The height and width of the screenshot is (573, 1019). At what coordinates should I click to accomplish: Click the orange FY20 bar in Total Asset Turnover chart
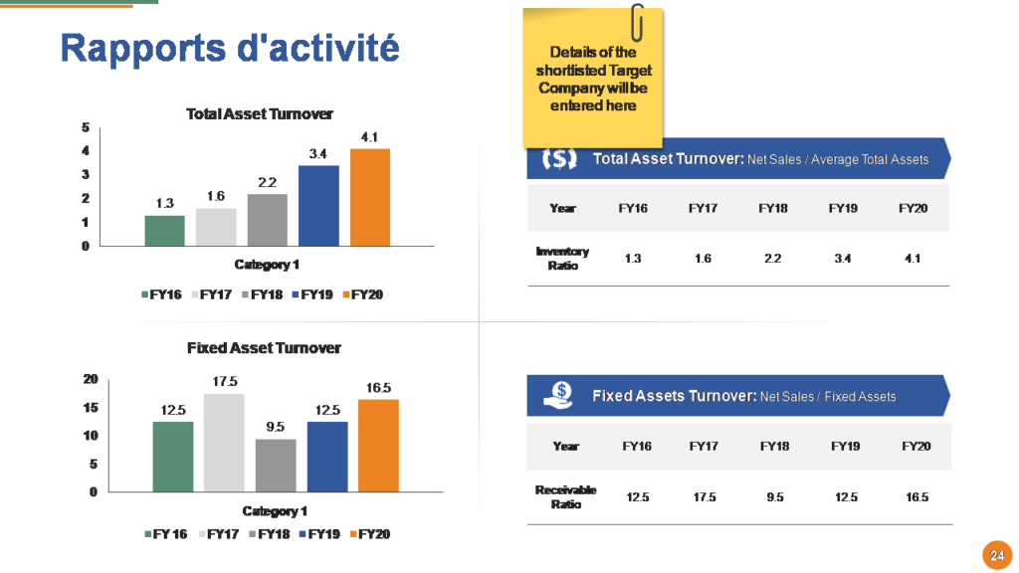click(369, 197)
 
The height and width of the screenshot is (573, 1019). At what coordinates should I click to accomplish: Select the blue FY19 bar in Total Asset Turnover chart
click(318, 205)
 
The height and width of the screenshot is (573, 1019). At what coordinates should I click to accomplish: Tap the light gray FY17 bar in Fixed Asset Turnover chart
click(224, 442)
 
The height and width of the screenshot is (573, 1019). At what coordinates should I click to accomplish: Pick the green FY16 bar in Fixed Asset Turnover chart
click(173, 456)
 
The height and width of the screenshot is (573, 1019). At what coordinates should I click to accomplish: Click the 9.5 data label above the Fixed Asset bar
click(275, 427)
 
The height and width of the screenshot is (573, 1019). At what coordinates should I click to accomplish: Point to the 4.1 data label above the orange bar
click(369, 136)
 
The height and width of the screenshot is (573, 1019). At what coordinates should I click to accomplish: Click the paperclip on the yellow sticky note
click(637, 21)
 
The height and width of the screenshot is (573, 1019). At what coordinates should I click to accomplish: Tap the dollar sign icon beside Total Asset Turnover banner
click(559, 158)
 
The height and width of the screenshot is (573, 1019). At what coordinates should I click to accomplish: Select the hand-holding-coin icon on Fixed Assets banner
click(558, 395)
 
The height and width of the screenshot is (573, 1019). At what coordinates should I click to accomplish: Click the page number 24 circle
click(995, 555)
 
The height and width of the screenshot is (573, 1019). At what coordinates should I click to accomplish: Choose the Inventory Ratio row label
click(562, 259)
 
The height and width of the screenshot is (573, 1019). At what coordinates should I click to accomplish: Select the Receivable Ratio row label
click(565, 496)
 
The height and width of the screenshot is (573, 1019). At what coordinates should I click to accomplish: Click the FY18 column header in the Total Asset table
click(773, 208)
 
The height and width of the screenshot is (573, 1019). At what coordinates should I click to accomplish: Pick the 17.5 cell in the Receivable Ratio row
click(704, 496)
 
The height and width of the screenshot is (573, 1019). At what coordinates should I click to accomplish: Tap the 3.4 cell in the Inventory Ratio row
click(843, 259)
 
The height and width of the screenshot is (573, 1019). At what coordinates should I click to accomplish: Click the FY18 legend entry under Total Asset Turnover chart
click(263, 294)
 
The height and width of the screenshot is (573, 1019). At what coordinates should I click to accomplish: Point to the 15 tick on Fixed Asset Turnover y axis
click(91, 408)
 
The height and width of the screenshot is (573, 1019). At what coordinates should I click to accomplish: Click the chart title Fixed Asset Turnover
click(264, 348)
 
